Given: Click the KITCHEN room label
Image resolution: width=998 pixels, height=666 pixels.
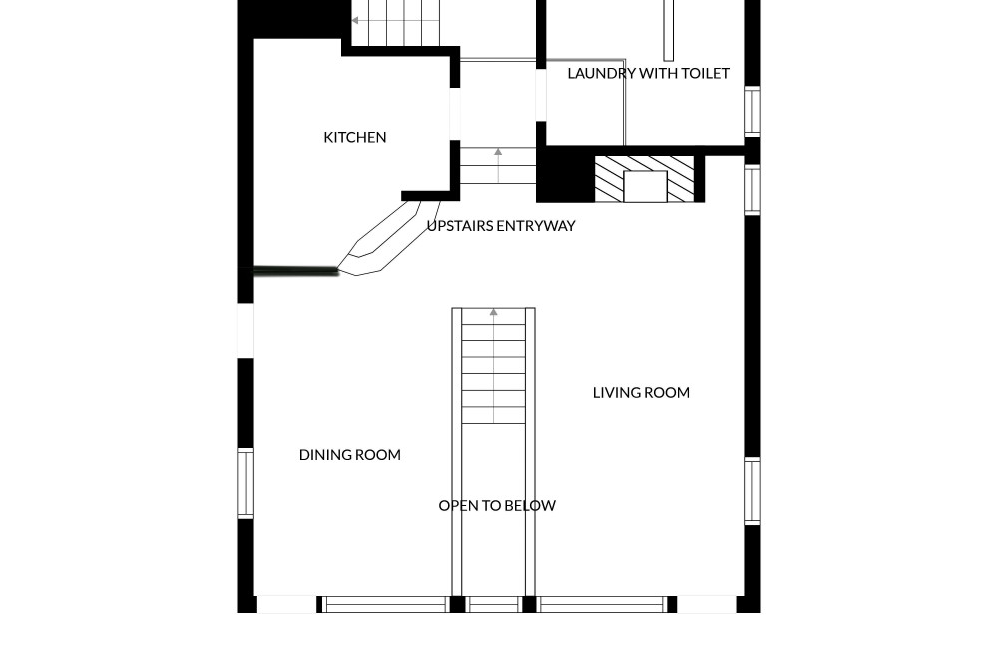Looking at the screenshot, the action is [355, 137].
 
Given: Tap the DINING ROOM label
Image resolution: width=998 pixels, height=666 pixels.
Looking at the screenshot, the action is [350, 455].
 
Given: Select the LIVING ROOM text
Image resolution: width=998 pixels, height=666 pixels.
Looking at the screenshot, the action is [641, 392].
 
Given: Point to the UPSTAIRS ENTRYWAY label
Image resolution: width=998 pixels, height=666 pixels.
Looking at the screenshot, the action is [501, 226].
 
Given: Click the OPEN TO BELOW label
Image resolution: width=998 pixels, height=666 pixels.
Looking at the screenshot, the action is [497, 505].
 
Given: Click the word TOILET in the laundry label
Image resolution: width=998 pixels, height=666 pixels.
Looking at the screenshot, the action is [706, 73].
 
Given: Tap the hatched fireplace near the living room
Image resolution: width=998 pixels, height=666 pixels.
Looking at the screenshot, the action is [644, 179].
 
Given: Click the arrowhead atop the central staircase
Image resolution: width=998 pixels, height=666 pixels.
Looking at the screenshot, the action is [493, 312].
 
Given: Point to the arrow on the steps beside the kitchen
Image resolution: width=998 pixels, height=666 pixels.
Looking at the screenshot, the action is [498, 166].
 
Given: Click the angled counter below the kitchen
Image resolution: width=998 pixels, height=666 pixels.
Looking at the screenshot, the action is [389, 237].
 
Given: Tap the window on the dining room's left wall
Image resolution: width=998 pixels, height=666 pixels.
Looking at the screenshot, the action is [246, 483].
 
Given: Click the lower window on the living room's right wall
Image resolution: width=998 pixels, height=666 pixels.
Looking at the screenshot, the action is [752, 491].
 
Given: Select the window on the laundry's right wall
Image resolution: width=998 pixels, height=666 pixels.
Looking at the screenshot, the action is [752, 111].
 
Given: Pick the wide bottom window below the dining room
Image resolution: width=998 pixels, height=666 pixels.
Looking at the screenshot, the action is [384, 605].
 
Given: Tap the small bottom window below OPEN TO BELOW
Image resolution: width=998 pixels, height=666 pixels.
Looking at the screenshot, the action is [494, 605].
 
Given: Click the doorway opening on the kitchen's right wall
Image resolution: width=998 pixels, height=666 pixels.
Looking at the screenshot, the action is [455, 114].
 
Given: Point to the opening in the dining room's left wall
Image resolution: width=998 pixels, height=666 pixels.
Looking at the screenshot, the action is [246, 332].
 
